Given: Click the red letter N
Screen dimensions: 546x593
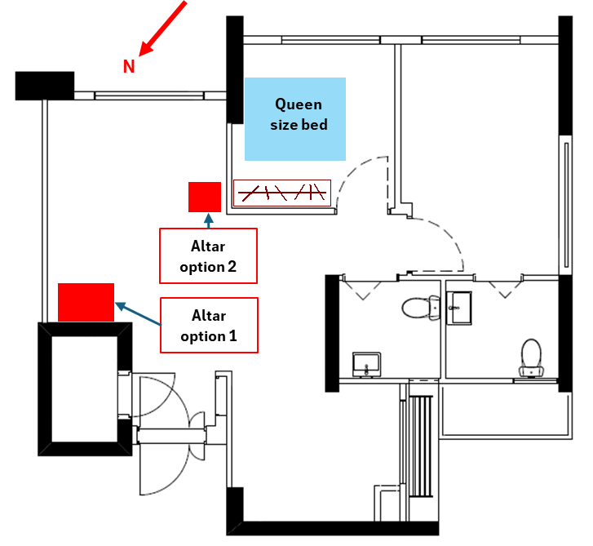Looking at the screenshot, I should [x=129, y=67].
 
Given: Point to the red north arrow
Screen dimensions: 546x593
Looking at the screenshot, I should [x=164, y=29].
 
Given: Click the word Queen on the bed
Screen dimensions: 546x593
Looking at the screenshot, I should [x=299, y=104].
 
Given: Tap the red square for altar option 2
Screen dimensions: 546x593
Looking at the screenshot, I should [x=205, y=197].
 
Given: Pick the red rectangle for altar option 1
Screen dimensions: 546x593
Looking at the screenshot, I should [x=86, y=302].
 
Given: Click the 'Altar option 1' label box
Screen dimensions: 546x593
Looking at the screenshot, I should [x=209, y=326].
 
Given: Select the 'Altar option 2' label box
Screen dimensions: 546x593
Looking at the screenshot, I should [x=208, y=256].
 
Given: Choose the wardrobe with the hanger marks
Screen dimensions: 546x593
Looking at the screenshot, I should [x=281, y=193].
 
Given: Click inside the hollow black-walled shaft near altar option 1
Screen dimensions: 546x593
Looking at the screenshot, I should [x=86, y=387].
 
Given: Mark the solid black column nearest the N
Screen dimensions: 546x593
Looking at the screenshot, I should [x=45, y=85].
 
